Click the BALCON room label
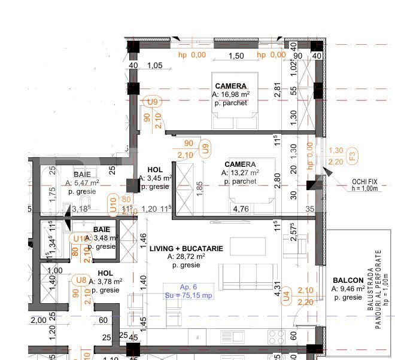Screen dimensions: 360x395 pos(348,280)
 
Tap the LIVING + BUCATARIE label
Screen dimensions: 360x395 pos(186,248)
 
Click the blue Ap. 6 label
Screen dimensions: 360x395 pos(189,287)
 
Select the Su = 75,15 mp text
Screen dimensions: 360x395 pos(189,295)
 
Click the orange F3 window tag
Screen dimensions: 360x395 pos(353,157)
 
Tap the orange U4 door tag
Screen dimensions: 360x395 pos(287,294)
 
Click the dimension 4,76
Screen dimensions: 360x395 pos(241,209)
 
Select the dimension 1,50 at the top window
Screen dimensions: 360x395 pos(237,56)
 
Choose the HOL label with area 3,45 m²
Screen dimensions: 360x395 pos(154,170)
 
